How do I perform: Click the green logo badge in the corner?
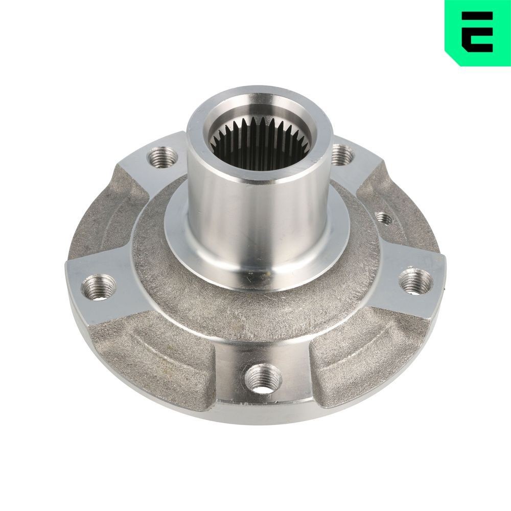pyautogui.click(x=477, y=32)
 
